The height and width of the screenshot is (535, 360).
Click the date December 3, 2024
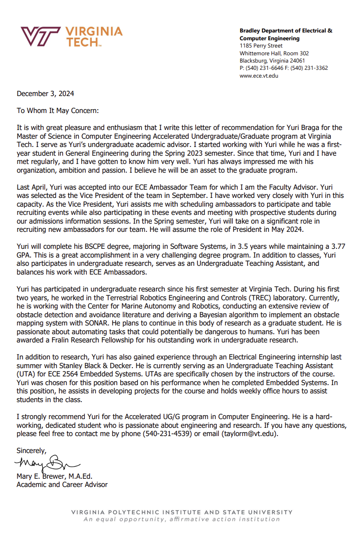pyautogui.click(x=46, y=94)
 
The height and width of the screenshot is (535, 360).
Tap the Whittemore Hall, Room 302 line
pyautogui.click(x=274, y=53)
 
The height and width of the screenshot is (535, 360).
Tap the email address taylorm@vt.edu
pyautogui.click(x=249, y=434)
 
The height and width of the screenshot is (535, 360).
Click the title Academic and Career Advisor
pyautogui.click(x=62, y=485)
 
